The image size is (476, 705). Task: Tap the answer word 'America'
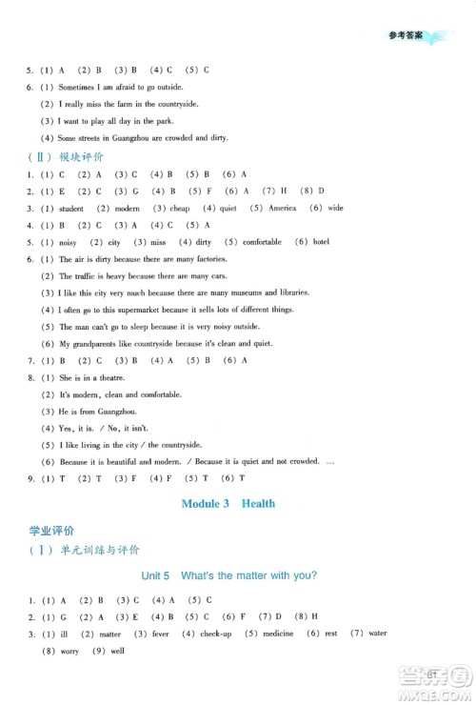tap(282, 208)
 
